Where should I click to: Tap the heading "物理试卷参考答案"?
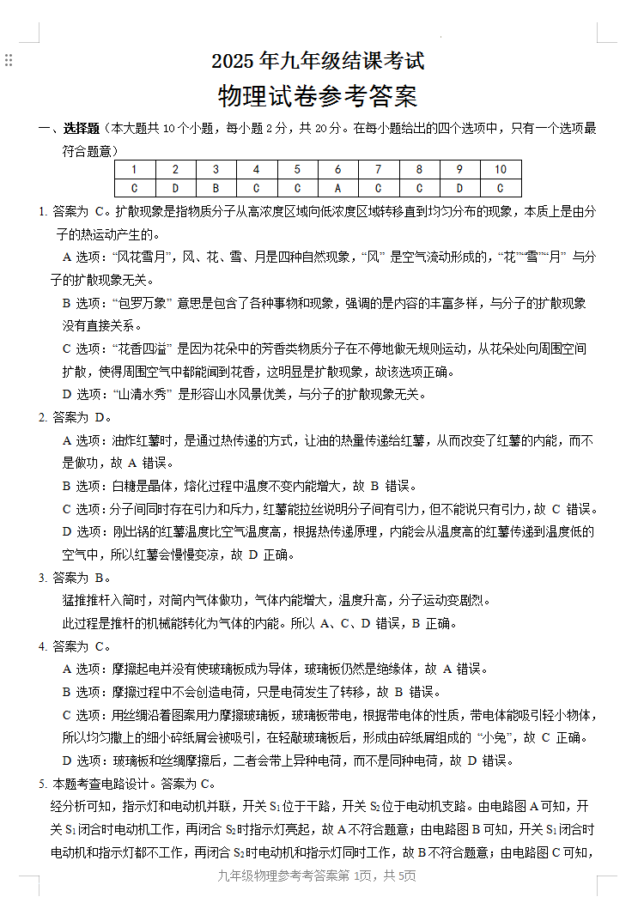(x=318, y=96)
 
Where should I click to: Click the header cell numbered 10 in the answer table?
(x=501, y=170)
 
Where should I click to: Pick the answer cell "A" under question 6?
(x=337, y=188)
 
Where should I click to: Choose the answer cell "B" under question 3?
(x=216, y=188)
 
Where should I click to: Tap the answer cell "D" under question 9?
(x=459, y=188)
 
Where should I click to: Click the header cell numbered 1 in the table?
(x=135, y=170)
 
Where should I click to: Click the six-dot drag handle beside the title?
(x=9, y=60)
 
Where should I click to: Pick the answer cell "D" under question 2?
(x=175, y=188)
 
